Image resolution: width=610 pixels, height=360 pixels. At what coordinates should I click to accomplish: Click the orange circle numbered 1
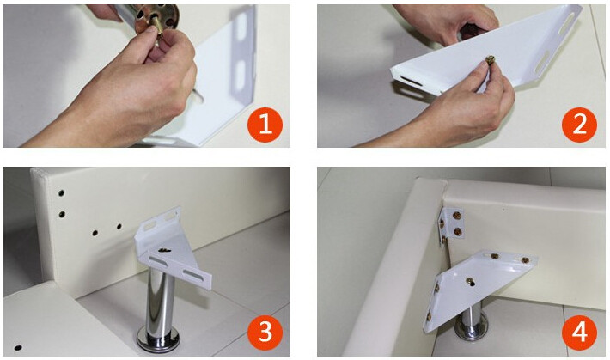(x=265, y=125)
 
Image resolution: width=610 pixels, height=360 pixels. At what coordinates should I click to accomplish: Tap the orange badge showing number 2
(x=579, y=125)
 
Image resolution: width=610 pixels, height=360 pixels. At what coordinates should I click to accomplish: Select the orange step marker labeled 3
(x=265, y=333)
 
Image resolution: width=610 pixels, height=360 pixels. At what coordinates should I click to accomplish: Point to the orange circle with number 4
(x=579, y=333)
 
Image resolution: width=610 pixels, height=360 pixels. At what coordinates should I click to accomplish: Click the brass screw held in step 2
(x=490, y=60)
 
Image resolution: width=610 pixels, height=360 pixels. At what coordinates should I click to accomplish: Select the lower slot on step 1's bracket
(x=240, y=74)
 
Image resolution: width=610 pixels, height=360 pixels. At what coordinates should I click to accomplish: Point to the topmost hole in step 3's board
(x=62, y=192)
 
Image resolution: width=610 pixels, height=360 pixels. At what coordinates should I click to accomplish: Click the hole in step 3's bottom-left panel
(x=18, y=347)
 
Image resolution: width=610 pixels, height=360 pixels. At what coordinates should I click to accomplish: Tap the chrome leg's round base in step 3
(x=158, y=339)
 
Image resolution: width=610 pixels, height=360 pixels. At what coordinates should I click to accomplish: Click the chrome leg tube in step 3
(x=160, y=300)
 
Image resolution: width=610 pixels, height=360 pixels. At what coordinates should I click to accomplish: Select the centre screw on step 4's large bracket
(x=471, y=281)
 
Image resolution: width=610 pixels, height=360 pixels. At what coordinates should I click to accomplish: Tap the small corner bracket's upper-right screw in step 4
(x=457, y=215)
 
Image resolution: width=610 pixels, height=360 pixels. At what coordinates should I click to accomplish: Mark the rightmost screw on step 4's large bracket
(x=525, y=260)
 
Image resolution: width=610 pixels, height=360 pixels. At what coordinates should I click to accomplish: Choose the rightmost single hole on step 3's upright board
(x=119, y=226)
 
